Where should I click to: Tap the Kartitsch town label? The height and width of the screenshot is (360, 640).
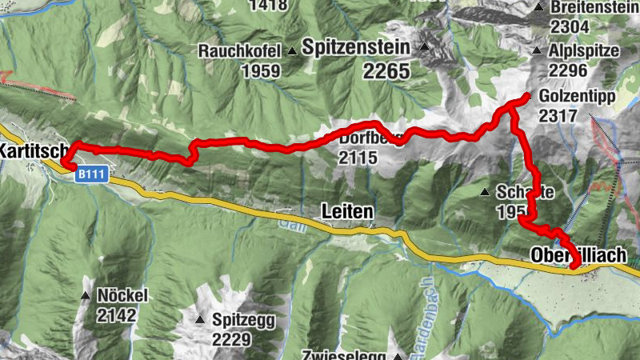(x=30, y=150)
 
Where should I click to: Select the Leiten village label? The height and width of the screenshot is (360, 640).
(x=346, y=212)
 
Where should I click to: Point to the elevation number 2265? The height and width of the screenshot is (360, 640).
(x=386, y=72)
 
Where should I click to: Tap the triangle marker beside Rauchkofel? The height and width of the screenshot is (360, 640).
(x=293, y=52)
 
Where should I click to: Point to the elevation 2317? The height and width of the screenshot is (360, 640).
(x=558, y=116)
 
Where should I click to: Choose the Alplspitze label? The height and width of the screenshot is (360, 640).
(x=586, y=50)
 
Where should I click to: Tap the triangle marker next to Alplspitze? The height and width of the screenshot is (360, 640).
(x=538, y=51)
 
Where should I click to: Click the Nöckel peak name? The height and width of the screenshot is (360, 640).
(x=122, y=295)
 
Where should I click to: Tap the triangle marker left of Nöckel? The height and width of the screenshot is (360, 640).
(x=86, y=296)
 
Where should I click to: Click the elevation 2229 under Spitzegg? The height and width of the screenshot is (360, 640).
(x=232, y=340)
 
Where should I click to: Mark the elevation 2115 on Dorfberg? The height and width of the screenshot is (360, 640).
(x=357, y=158)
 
